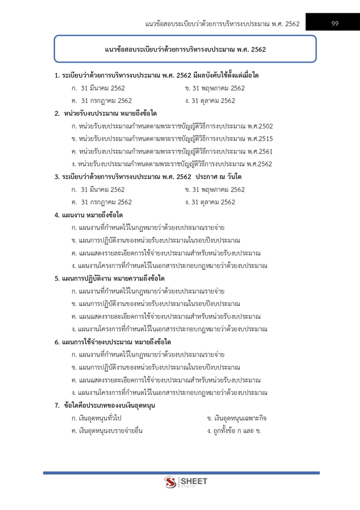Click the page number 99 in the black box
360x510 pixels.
(x=335, y=23)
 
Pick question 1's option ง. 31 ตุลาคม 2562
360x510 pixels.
(x=210, y=101)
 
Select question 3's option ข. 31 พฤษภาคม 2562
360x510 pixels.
(x=214, y=189)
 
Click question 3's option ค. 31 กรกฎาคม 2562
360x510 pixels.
(x=101, y=202)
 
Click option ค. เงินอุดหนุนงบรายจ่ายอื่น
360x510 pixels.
(x=106, y=431)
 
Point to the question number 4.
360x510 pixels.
(x=56, y=215)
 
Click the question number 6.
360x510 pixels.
(x=56, y=342)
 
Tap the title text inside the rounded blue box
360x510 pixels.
(x=185, y=50)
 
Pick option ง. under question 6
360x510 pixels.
(x=168, y=393)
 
